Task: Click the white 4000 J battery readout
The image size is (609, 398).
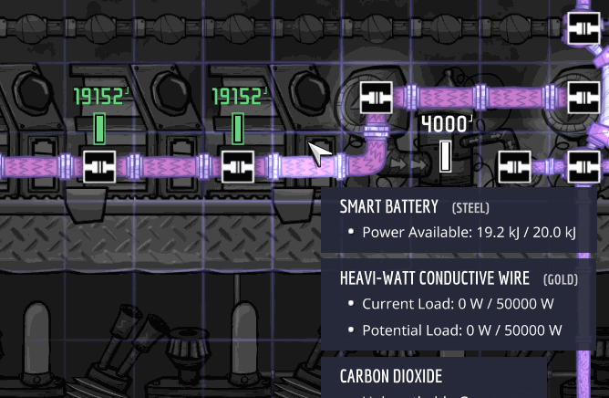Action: [x=446, y=123]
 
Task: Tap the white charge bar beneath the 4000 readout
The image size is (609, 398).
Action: [x=446, y=156]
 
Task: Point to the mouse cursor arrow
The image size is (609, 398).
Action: [x=319, y=154]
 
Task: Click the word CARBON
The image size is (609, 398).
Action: [x=366, y=376]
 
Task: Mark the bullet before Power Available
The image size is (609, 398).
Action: [x=351, y=232]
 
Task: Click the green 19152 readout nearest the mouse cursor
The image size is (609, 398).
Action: [x=240, y=97]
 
